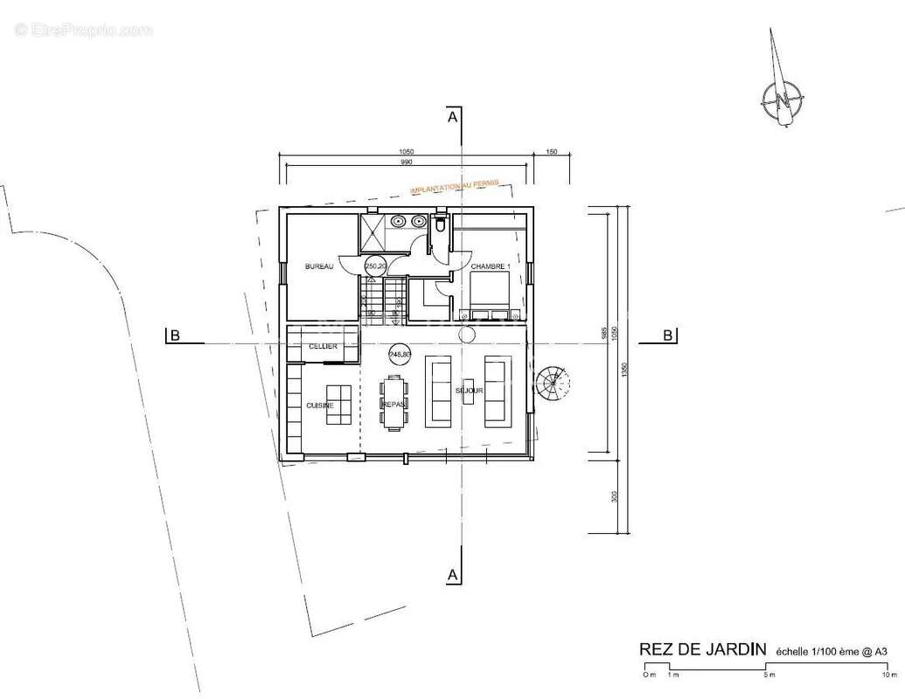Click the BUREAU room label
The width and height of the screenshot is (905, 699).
click(x=319, y=266)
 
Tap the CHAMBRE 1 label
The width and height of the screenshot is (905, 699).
click(x=489, y=266)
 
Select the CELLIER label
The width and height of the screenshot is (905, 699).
click(x=324, y=347)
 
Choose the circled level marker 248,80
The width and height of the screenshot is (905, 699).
click(x=400, y=354)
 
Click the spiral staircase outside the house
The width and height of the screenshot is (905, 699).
click(x=553, y=382)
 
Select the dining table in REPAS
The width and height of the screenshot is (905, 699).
click(x=394, y=400)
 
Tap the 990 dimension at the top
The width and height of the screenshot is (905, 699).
click(x=407, y=163)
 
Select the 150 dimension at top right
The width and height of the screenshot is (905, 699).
click(x=552, y=152)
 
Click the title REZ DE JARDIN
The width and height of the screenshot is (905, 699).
click(x=703, y=649)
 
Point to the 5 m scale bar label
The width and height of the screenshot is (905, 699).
click(x=769, y=675)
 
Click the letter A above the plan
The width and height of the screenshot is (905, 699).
click(x=452, y=117)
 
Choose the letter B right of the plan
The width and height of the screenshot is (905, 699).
click(x=668, y=335)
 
